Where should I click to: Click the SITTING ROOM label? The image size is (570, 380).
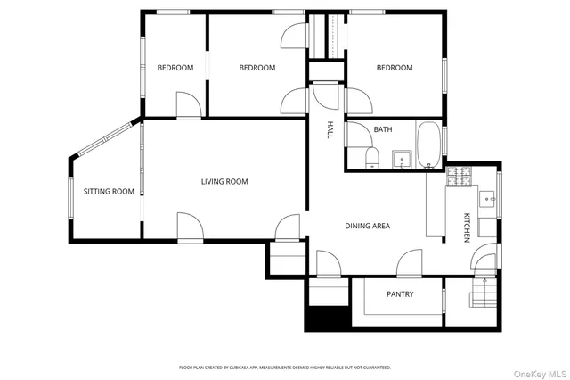point(109,191)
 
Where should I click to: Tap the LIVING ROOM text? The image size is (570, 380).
point(224,181)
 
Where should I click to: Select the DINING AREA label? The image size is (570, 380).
point(368,226)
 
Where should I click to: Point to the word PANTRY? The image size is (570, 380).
point(400,294)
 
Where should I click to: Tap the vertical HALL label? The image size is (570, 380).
point(329,130)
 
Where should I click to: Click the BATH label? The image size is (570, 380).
point(383,129)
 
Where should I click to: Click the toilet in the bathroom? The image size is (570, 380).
point(372,159)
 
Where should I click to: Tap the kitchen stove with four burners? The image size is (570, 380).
point(460,178)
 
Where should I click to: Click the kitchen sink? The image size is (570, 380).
point(487,200)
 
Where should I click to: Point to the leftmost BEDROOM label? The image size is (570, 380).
point(175,68)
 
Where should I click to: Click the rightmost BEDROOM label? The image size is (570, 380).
point(394,68)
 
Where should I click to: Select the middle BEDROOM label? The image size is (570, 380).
point(257,68)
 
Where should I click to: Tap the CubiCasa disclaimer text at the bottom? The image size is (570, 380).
point(285,368)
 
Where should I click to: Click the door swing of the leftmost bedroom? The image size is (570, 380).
point(188,105)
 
